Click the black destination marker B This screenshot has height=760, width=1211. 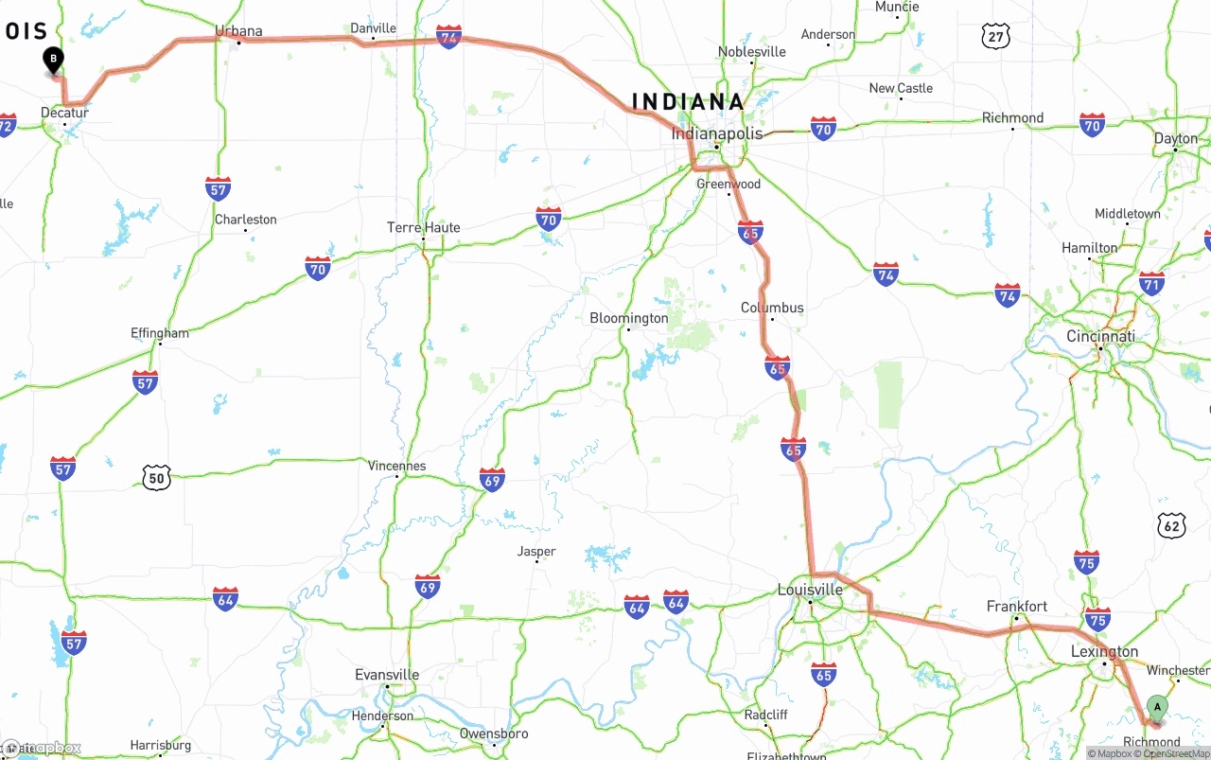[x=54, y=61]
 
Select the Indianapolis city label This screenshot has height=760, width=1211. [x=716, y=133]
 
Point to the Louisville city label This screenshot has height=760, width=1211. [x=809, y=590]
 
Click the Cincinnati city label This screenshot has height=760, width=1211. [x=1100, y=336]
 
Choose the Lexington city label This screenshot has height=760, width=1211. [x=1104, y=651]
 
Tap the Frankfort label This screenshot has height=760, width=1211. [x=1017, y=606]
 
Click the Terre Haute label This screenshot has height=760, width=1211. [x=423, y=227]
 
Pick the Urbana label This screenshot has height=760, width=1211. [x=238, y=31]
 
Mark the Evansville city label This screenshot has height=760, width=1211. [x=387, y=675]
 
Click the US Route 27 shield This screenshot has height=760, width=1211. [x=995, y=37]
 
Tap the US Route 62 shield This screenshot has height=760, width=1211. [x=1171, y=525]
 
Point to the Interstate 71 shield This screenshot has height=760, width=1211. [x=1151, y=283]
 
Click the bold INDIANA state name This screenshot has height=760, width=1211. [x=688, y=101]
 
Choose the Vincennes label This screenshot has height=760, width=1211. [x=396, y=466]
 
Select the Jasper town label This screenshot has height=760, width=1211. [x=536, y=552]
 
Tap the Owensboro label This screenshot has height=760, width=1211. [x=494, y=733]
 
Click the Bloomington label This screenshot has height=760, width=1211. [x=628, y=318]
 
